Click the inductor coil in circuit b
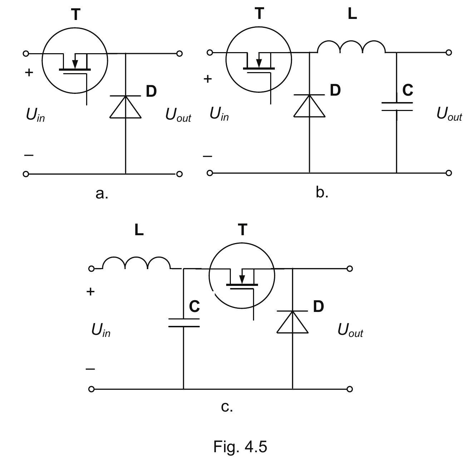coord(351,47)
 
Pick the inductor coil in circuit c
coord(136,263)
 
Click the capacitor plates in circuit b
coord(397,106)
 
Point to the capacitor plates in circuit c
coord(184,323)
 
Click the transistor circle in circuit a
coord(75,61)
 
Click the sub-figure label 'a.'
coord(102,194)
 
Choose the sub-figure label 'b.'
coord(322,193)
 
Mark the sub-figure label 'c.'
coord(227,407)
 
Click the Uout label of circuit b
coord(449,114)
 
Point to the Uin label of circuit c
coord(101,330)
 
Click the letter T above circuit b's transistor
coord(260,14)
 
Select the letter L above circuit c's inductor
coord(139,230)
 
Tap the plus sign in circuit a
coord(29,72)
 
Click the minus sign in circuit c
coord(90,369)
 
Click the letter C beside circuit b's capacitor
coord(408,90)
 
